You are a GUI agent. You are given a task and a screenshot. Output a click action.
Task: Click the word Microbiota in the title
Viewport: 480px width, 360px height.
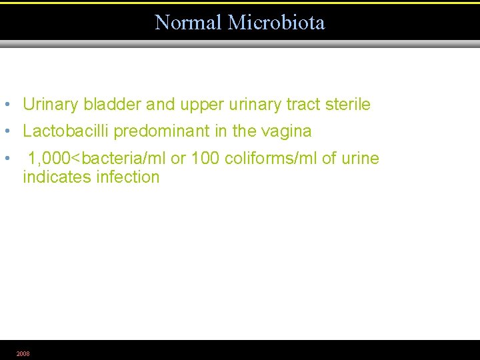[276, 23]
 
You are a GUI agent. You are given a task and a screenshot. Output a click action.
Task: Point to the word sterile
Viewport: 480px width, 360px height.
[347, 105]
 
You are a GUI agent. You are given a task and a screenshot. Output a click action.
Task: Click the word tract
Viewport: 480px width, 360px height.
[304, 105]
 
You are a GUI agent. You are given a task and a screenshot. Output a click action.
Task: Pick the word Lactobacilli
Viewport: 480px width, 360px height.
[65, 131]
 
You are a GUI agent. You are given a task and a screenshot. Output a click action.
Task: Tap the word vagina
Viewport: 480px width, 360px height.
[287, 131]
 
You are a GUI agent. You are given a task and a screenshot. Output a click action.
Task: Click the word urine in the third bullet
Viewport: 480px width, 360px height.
[360, 159]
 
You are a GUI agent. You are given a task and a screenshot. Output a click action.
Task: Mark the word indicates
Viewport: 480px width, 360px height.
[57, 177]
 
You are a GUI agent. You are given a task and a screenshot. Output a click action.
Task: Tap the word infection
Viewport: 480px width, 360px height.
[128, 177]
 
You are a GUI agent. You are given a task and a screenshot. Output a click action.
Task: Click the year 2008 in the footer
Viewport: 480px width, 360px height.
[23, 353]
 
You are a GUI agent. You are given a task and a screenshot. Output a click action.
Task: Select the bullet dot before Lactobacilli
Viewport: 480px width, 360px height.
[6, 131]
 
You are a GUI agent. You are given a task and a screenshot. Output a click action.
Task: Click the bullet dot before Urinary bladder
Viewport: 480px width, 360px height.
[6, 105]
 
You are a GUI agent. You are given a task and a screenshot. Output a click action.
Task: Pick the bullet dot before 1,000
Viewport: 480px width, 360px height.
[6, 159]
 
